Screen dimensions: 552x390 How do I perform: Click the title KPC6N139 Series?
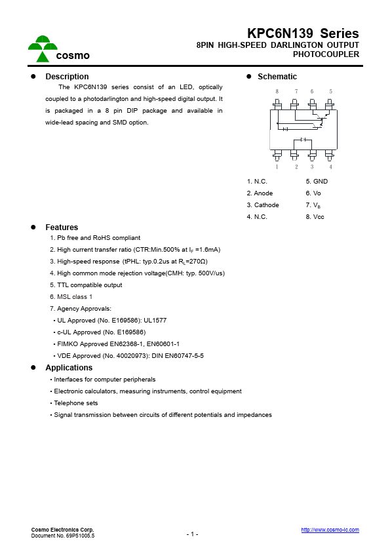point(303,33)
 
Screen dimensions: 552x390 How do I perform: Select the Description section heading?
point(67,77)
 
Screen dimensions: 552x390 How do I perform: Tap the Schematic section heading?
point(277,77)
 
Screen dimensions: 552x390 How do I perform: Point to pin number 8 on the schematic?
point(277,91)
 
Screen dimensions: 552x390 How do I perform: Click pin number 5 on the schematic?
point(330,91)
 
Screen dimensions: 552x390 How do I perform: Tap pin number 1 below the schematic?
point(277,167)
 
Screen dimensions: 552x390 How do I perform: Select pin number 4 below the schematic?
point(330,167)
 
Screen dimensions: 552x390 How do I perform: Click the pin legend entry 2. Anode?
point(260,193)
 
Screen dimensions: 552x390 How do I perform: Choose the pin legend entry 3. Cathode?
point(263,205)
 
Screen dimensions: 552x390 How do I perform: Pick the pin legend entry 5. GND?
point(317,182)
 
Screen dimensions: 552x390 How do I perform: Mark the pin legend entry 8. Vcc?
point(315,217)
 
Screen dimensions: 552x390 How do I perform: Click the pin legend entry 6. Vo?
point(313,193)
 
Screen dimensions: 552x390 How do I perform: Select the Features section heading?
point(62,227)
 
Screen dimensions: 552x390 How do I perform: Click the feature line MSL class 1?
point(75,297)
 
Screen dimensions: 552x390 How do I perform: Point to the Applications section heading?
point(69,368)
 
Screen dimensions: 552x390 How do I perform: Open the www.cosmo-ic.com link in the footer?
point(330,530)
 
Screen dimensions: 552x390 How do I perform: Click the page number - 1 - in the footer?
point(192,534)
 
